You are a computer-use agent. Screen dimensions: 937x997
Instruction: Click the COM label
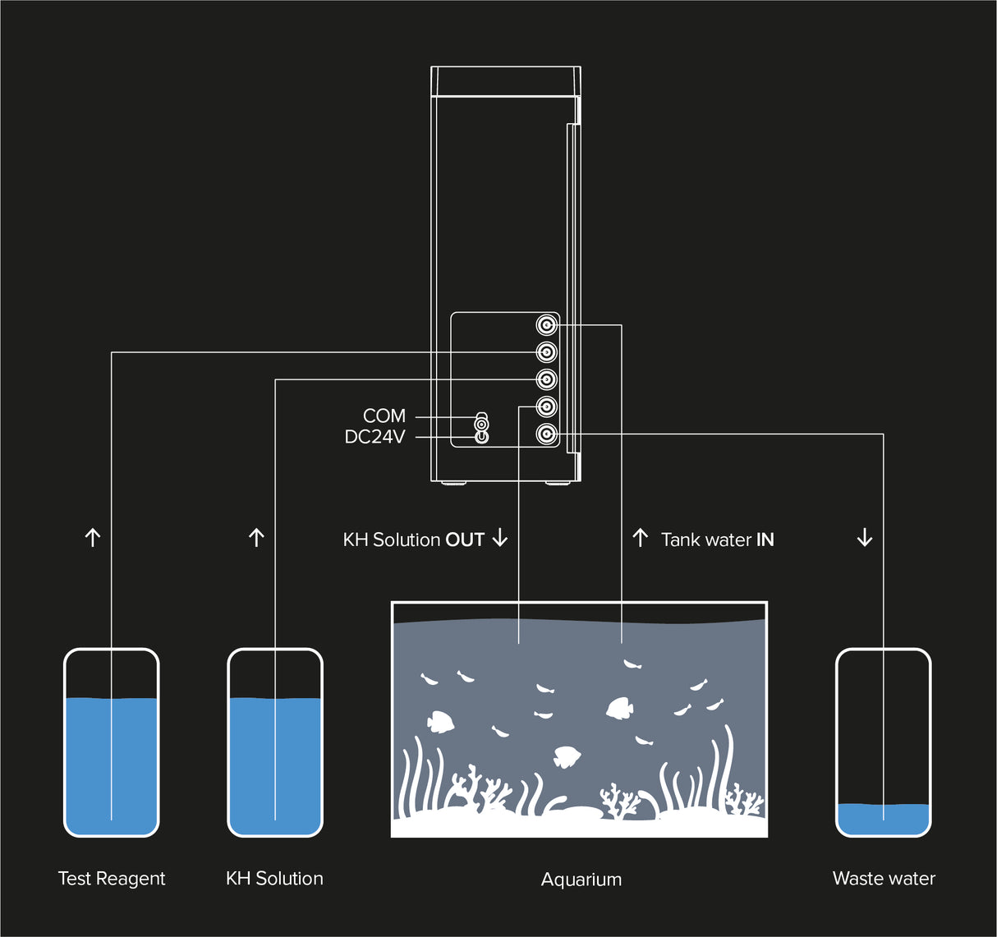[384, 416]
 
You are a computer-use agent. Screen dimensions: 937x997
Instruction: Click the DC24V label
[375, 437]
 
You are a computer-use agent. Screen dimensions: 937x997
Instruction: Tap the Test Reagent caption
[112, 879]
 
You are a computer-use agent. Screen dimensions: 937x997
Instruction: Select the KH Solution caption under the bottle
[274, 879]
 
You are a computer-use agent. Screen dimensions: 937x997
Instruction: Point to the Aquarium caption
[581, 880]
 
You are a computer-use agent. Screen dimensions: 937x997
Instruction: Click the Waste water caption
[884, 879]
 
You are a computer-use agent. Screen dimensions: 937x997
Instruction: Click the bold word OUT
[465, 540]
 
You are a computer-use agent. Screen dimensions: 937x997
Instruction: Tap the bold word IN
[765, 540]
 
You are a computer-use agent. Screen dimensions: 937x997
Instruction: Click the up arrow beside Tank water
[641, 539]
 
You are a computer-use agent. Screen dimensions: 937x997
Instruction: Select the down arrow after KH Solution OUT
[500, 539]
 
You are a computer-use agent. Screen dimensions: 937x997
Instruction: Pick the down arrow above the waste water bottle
[864, 538]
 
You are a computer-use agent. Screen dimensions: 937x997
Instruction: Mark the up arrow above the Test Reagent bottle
[93, 538]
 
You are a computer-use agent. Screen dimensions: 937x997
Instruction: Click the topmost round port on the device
[546, 325]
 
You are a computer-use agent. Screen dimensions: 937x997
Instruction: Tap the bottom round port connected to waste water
[546, 434]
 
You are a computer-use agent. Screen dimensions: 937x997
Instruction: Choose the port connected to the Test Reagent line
[546, 352]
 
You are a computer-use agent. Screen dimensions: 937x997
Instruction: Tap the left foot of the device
[451, 484]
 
